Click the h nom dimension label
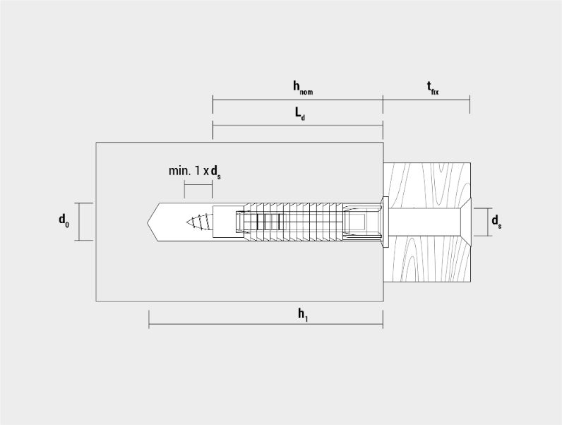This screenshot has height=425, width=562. pyautogui.click(x=303, y=88)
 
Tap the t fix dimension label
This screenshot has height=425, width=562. pyautogui.click(x=433, y=88)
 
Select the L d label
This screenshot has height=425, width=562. pyautogui.click(x=300, y=114)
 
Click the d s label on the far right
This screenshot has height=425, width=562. pyautogui.click(x=496, y=221)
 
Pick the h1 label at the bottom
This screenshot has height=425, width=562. pyautogui.click(x=303, y=315)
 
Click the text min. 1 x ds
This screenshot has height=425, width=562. pyautogui.click(x=195, y=172)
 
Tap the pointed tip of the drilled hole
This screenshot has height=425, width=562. pyautogui.click(x=148, y=222)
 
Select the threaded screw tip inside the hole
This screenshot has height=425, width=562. pyautogui.click(x=200, y=222)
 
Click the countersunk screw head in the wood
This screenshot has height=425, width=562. pyautogui.click(x=465, y=222)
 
